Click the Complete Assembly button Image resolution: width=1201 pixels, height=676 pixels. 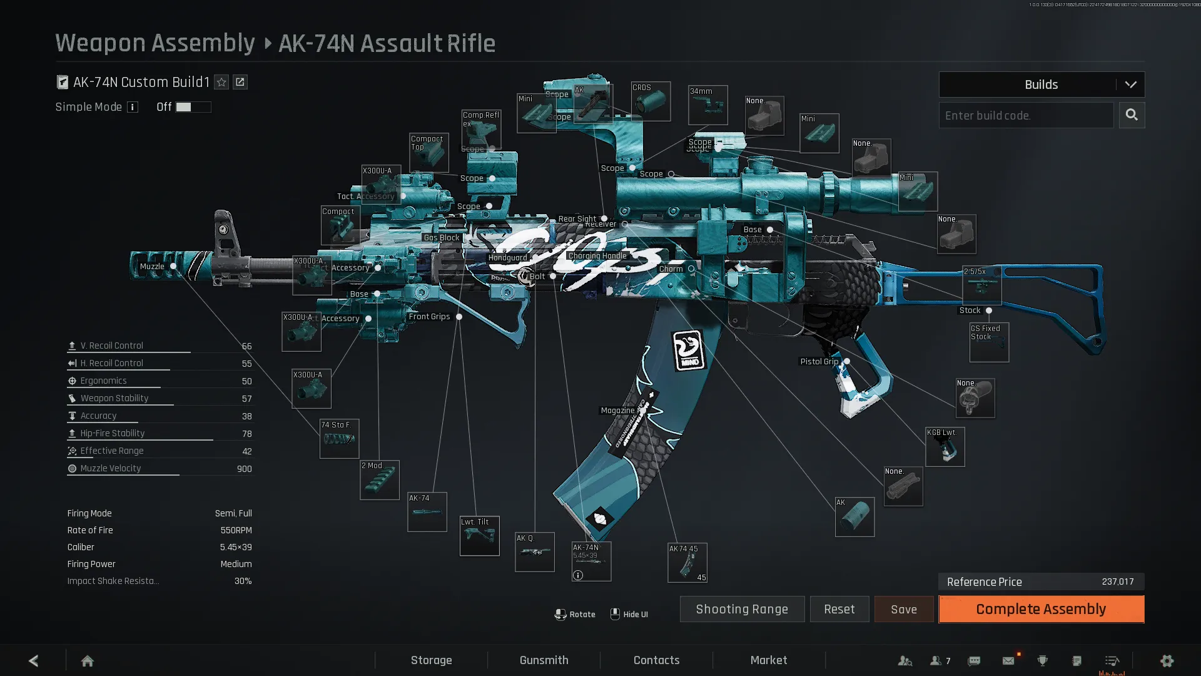(x=1041, y=609)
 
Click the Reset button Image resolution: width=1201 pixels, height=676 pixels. (x=839, y=609)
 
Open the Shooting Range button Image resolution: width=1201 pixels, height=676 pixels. (x=742, y=609)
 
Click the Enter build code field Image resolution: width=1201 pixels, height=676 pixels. (x=1026, y=115)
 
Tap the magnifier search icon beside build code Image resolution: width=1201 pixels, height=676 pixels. (x=1132, y=115)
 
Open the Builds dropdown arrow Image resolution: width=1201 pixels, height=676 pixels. (x=1130, y=84)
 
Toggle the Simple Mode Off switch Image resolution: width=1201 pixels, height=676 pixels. (x=193, y=107)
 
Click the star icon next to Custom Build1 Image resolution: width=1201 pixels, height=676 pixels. (x=221, y=82)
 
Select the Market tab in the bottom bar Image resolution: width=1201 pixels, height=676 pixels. (x=768, y=660)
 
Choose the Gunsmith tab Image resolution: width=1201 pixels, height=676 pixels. (x=544, y=660)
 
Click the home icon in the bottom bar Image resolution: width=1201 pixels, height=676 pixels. (x=88, y=661)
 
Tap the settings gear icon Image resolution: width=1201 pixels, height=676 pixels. (x=1167, y=661)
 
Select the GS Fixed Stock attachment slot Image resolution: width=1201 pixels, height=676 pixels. (x=989, y=342)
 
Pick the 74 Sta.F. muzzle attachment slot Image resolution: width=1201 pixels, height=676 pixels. (x=339, y=439)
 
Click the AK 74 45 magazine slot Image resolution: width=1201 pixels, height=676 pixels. (x=687, y=563)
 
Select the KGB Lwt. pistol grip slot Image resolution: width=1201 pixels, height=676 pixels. (x=945, y=447)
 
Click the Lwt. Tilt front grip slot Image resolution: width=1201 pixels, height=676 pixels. (x=479, y=536)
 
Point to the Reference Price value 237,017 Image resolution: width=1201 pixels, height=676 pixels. (x=1117, y=581)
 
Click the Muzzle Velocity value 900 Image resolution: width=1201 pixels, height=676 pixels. (x=244, y=469)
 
